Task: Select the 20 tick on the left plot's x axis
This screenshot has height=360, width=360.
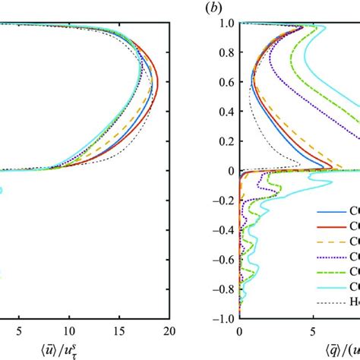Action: pos(169,331)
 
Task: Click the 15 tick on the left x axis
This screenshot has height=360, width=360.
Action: pos(119,331)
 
